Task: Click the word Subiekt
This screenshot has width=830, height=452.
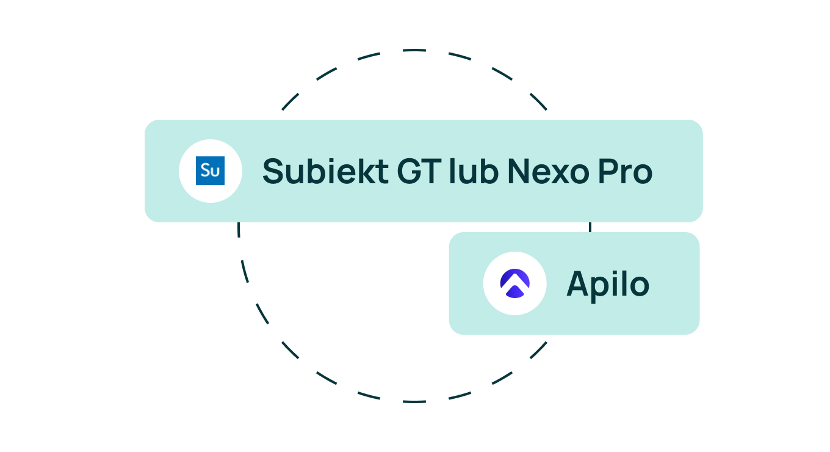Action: pyautogui.click(x=325, y=171)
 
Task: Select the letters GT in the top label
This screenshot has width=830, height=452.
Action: pyautogui.click(x=419, y=171)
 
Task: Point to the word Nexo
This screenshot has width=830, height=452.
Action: pyautogui.click(x=548, y=171)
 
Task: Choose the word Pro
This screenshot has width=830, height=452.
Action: pyautogui.click(x=625, y=171)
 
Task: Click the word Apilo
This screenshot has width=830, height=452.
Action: pyautogui.click(x=608, y=285)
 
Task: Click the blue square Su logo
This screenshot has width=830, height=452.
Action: pyautogui.click(x=210, y=170)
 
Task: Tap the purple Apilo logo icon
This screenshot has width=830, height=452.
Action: pyautogui.click(x=514, y=283)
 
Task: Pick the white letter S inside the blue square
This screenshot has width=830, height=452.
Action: pyautogui.click(x=205, y=170)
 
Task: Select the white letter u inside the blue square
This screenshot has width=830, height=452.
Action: pyautogui.click(x=215, y=172)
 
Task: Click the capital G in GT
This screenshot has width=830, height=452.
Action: pyautogui.click(x=408, y=171)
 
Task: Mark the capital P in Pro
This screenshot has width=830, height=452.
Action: pyautogui.click(x=607, y=171)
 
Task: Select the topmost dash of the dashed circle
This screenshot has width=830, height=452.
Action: pyautogui.click(x=414, y=50)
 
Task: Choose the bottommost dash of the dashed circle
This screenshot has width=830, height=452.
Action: pyautogui.click(x=414, y=401)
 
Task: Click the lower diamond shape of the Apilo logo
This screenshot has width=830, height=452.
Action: pyautogui.click(x=514, y=292)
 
